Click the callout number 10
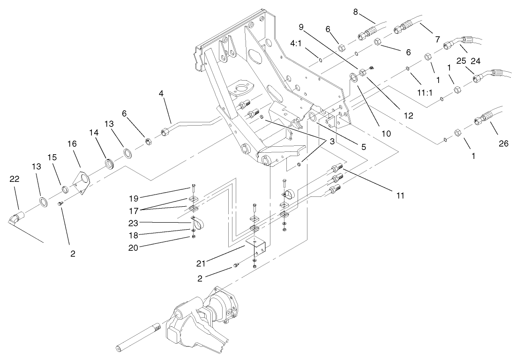pos(386,133)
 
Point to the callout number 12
pos(409,115)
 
